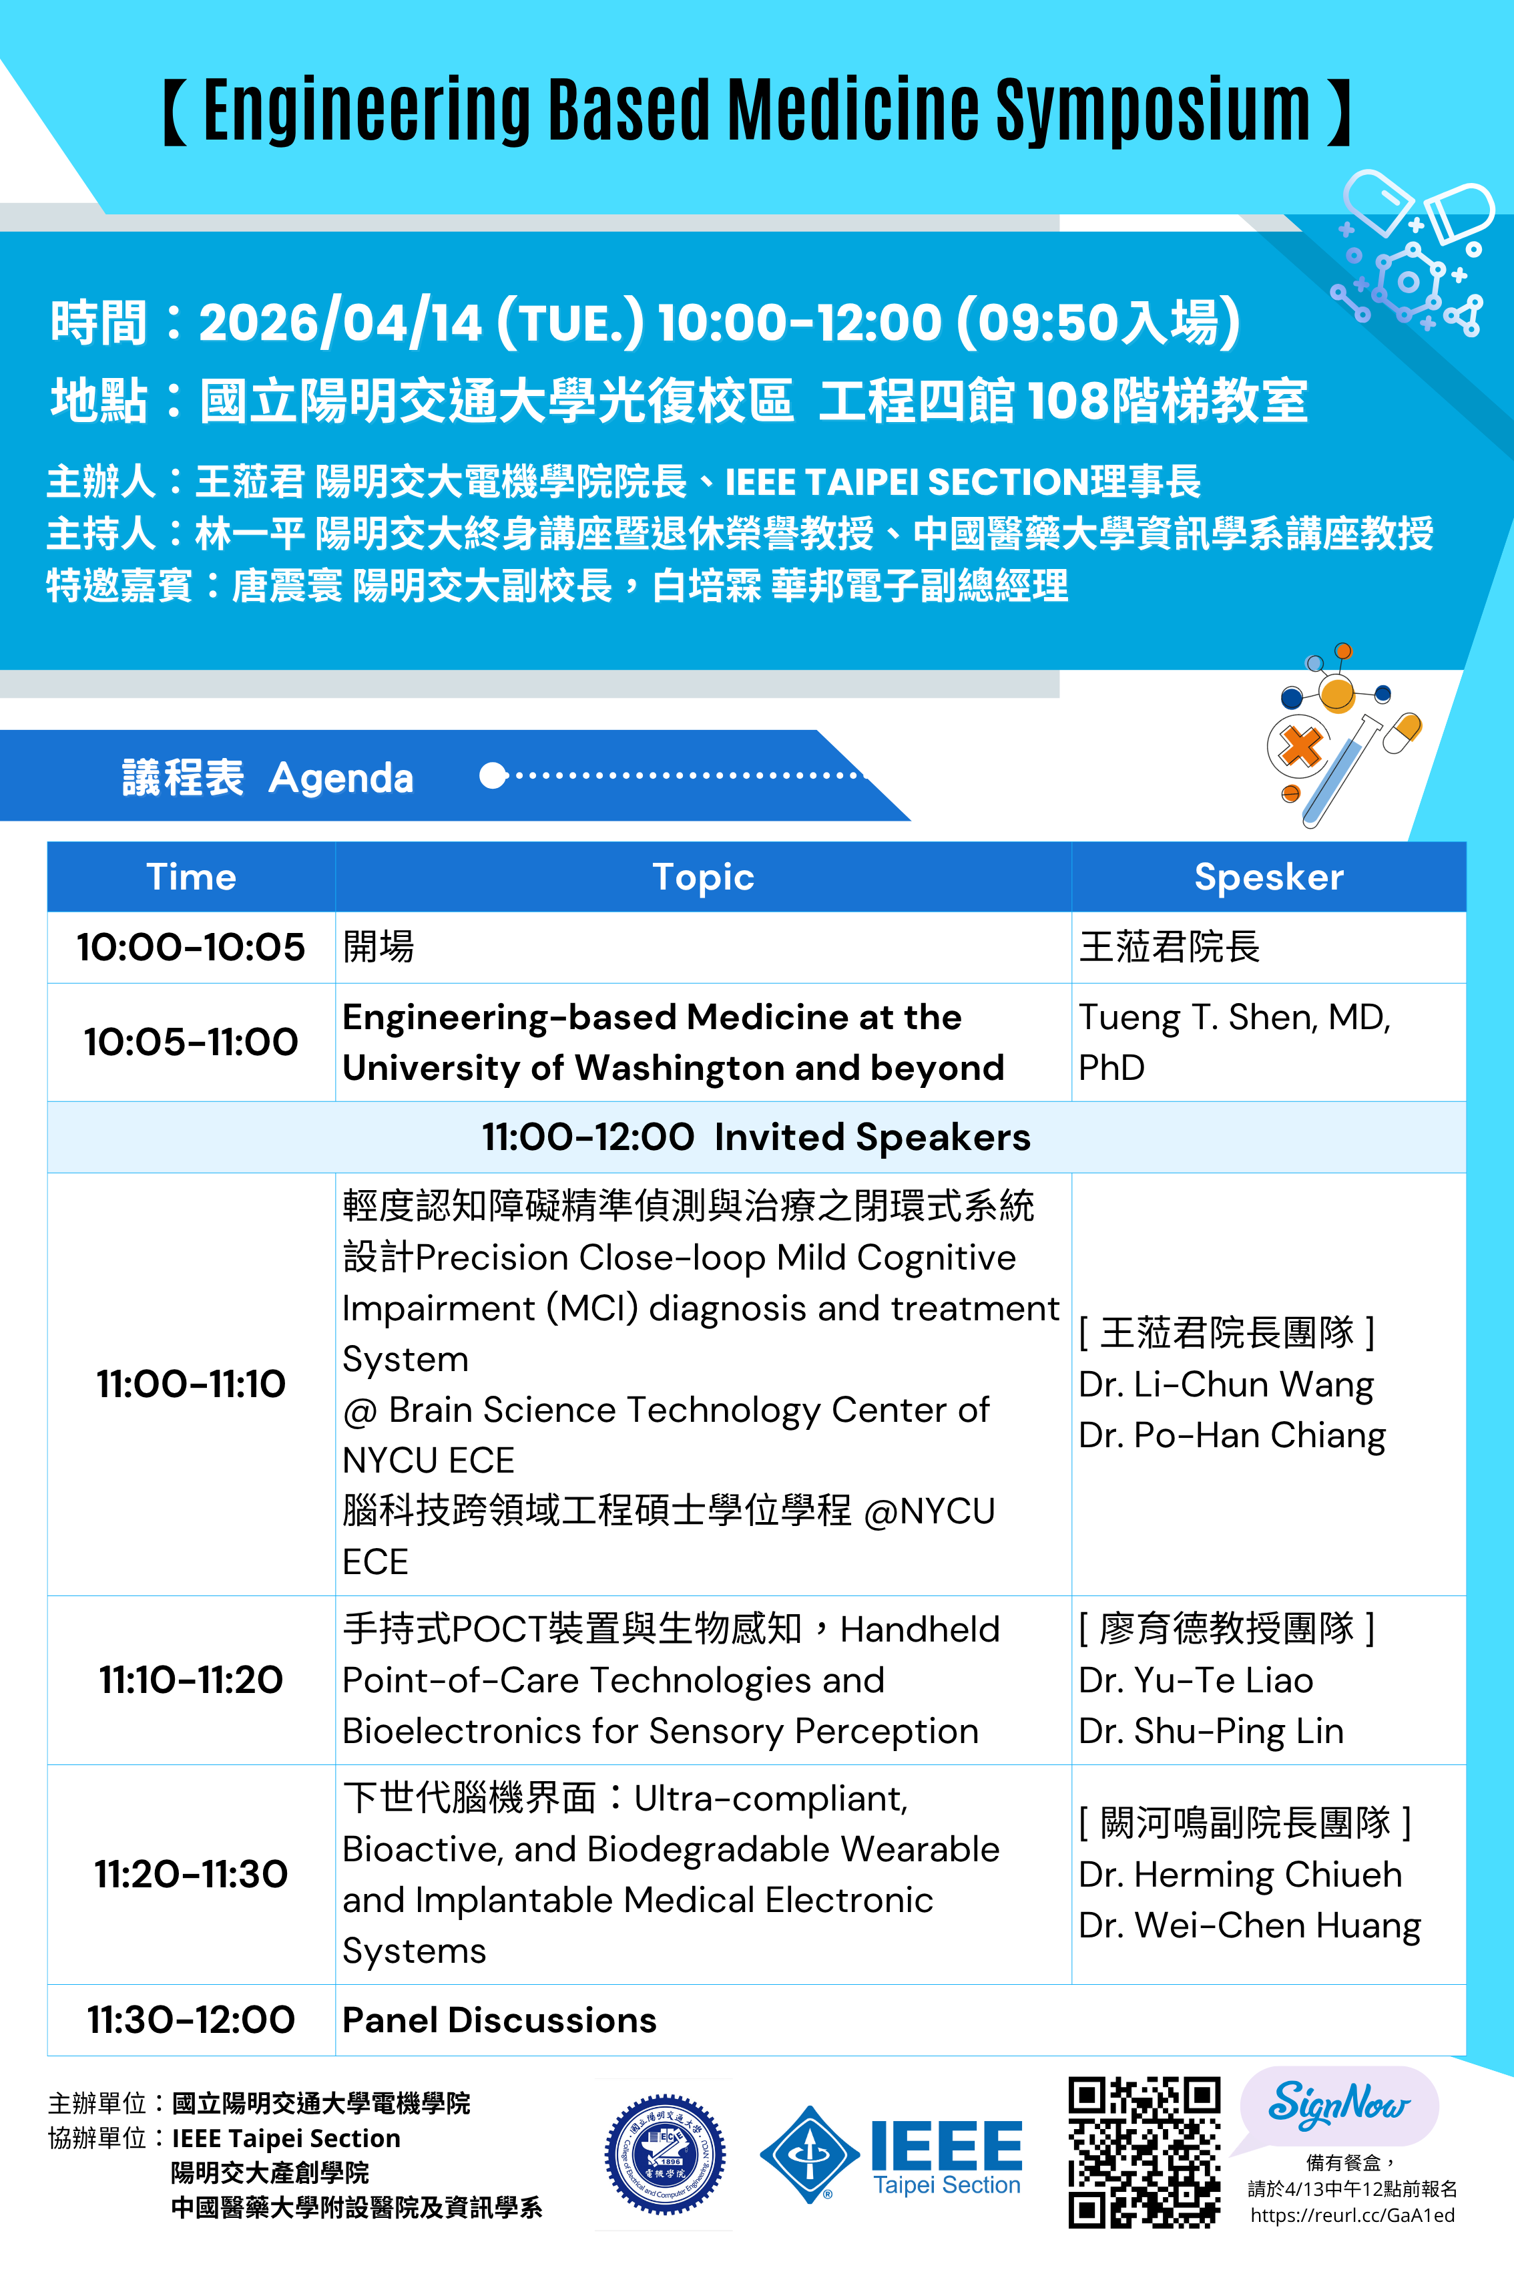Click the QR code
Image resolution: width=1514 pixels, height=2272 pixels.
tap(1144, 2152)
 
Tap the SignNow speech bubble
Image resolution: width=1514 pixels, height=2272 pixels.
tap(1338, 2109)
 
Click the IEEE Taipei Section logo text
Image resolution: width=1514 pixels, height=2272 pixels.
tap(947, 2158)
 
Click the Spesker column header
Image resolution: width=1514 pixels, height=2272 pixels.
tap(1269, 877)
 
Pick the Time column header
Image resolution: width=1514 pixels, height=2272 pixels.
tap(191, 877)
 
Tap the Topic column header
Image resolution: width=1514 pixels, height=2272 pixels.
tap(703, 877)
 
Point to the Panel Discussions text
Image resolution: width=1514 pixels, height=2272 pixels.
tap(499, 2020)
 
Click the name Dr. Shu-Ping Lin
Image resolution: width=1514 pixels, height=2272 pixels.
tap(1211, 1731)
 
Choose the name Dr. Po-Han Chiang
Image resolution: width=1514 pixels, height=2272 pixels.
tap(1232, 1435)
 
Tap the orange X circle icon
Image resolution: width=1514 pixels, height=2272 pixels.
tap(1300, 746)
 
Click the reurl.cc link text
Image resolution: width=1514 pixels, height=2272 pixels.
tap(1352, 2215)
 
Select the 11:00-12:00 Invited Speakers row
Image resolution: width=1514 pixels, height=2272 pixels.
tap(756, 1137)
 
